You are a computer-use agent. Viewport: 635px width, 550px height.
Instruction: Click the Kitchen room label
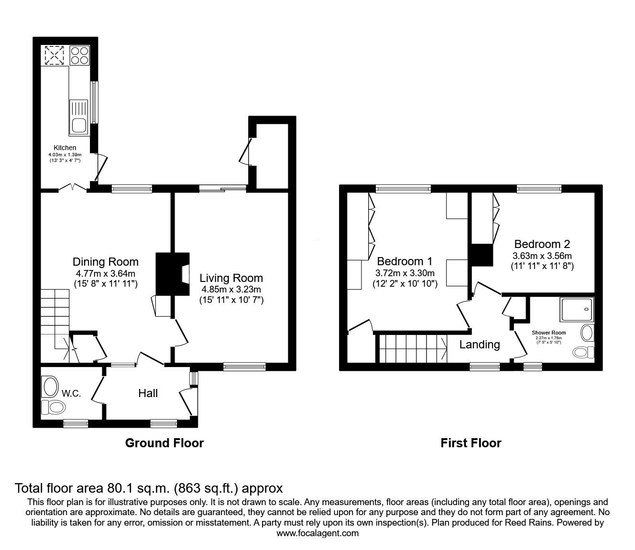(x=65, y=148)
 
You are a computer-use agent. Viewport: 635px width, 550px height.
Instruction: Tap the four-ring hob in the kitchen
(x=80, y=55)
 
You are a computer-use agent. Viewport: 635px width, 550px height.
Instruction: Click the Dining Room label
(x=106, y=261)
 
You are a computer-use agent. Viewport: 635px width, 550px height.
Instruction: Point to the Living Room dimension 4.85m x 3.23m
(x=231, y=289)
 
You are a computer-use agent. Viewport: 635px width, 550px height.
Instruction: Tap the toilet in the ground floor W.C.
(x=54, y=408)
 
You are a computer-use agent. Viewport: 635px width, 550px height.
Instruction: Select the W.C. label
(x=72, y=394)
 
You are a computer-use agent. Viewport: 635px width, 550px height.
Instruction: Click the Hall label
(x=148, y=393)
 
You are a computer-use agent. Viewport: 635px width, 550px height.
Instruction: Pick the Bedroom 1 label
(x=405, y=261)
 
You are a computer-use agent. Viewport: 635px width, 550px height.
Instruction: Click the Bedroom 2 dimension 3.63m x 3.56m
(x=542, y=256)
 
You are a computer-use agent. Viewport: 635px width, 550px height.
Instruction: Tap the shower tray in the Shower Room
(x=577, y=309)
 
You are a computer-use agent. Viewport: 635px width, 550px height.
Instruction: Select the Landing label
(x=480, y=344)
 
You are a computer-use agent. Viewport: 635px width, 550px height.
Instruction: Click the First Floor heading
(x=471, y=443)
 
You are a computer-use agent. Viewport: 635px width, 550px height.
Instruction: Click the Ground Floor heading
(x=164, y=443)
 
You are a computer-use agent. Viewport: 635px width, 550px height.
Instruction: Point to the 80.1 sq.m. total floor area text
(x=149, y=488)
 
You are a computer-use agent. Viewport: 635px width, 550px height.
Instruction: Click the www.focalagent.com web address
(x=317, y=533)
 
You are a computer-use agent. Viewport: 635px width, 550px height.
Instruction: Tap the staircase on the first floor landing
(x=411, y=348)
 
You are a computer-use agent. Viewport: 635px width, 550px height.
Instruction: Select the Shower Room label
(x=549, y=333)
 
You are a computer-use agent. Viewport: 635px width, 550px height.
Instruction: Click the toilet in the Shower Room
(x=582, y=352)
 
